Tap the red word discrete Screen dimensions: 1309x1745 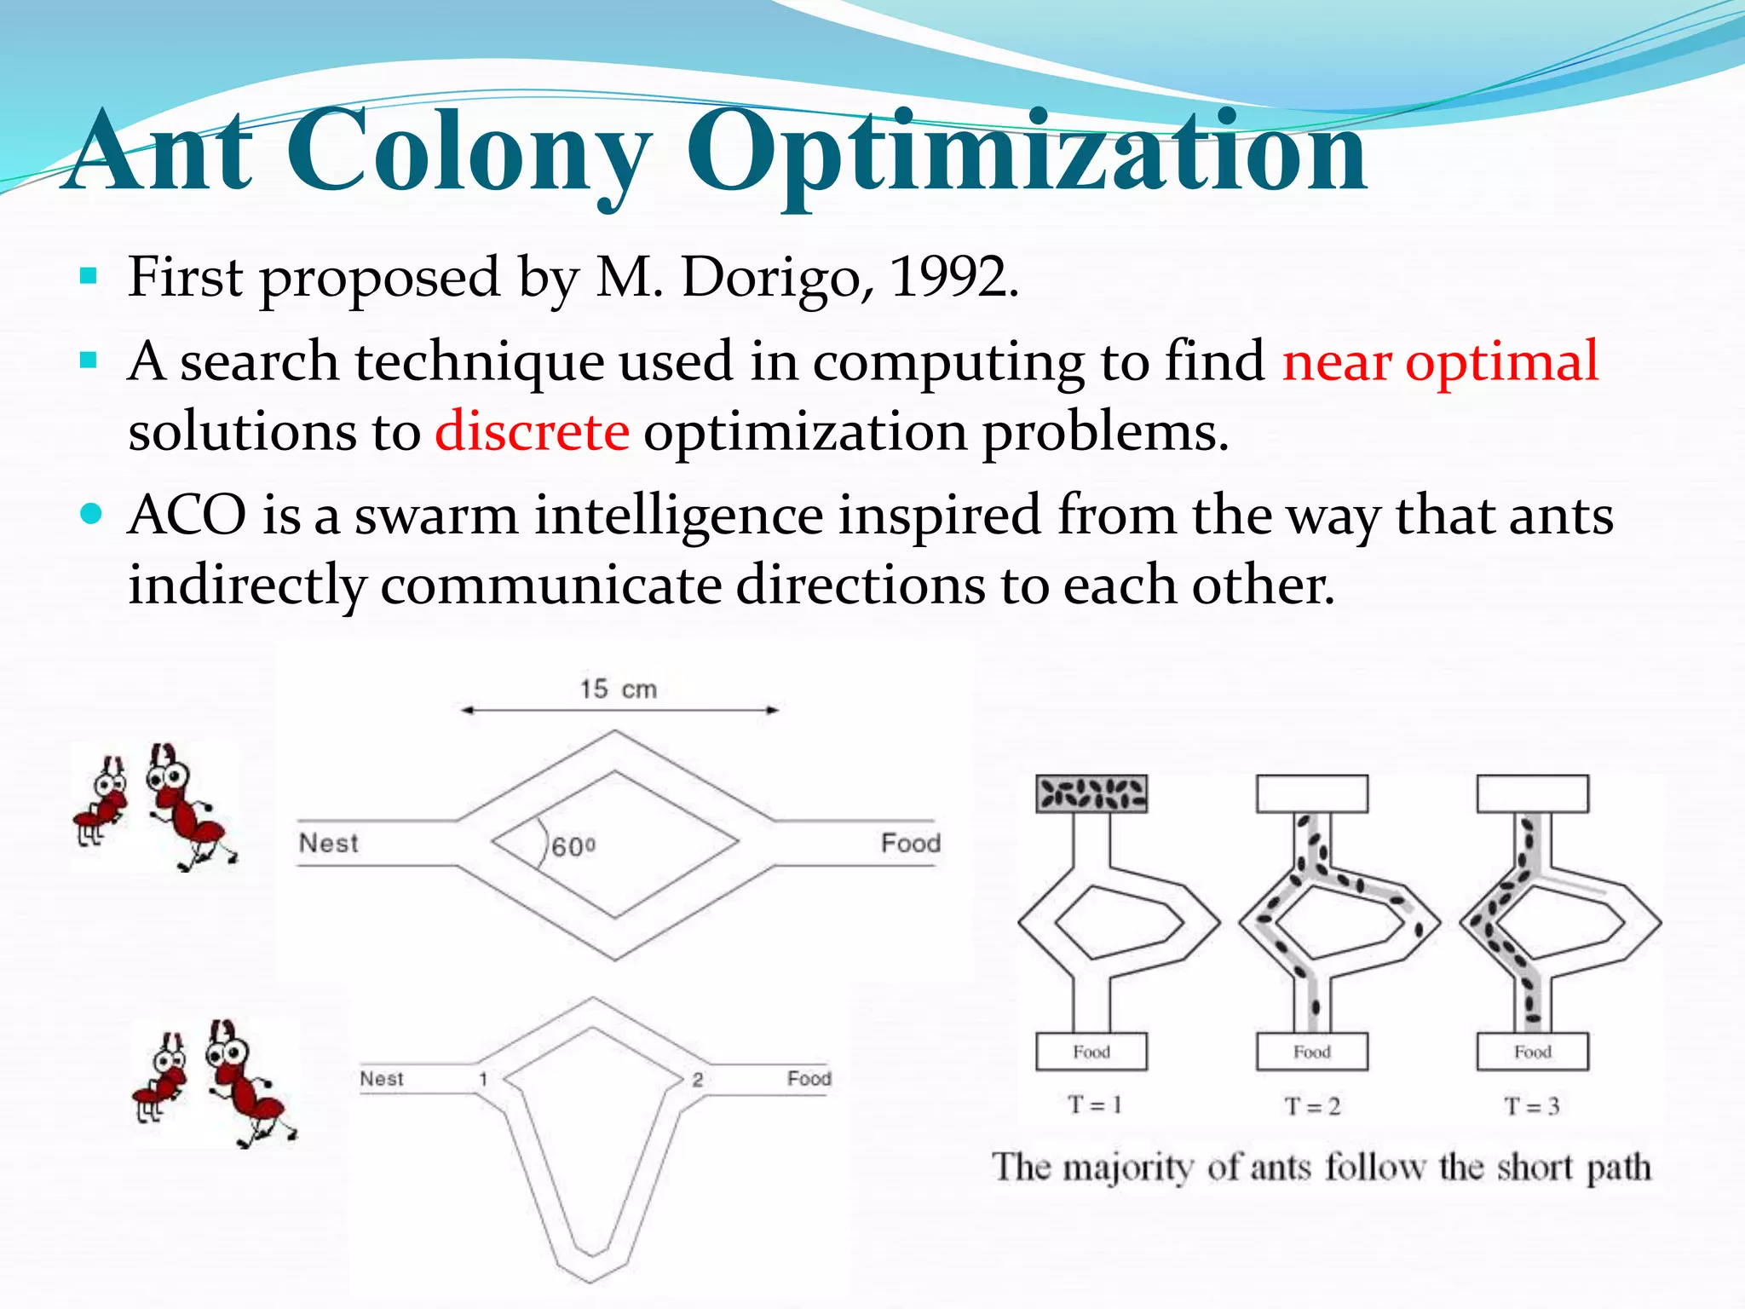[533, 431]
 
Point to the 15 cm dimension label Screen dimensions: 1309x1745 [619, 689]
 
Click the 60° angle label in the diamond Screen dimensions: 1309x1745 [573, 847]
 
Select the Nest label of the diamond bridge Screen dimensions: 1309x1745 [328, 843]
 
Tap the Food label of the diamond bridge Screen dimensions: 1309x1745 [910, 843]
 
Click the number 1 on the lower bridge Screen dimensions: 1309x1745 [482, 1079]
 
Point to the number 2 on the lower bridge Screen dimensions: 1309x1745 [697, 1080]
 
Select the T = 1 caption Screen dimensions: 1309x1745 [1095, 1105]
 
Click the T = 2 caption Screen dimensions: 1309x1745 [1312, 1106]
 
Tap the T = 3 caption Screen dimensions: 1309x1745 [1531, 1106]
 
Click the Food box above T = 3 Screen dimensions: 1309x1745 [1532, 1052]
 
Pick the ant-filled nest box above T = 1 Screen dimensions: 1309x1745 [1091, 793]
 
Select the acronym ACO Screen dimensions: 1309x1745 [187, 516]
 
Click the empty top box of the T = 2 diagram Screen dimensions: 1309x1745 [1312, 793]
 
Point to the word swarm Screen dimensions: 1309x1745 [435, 516]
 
